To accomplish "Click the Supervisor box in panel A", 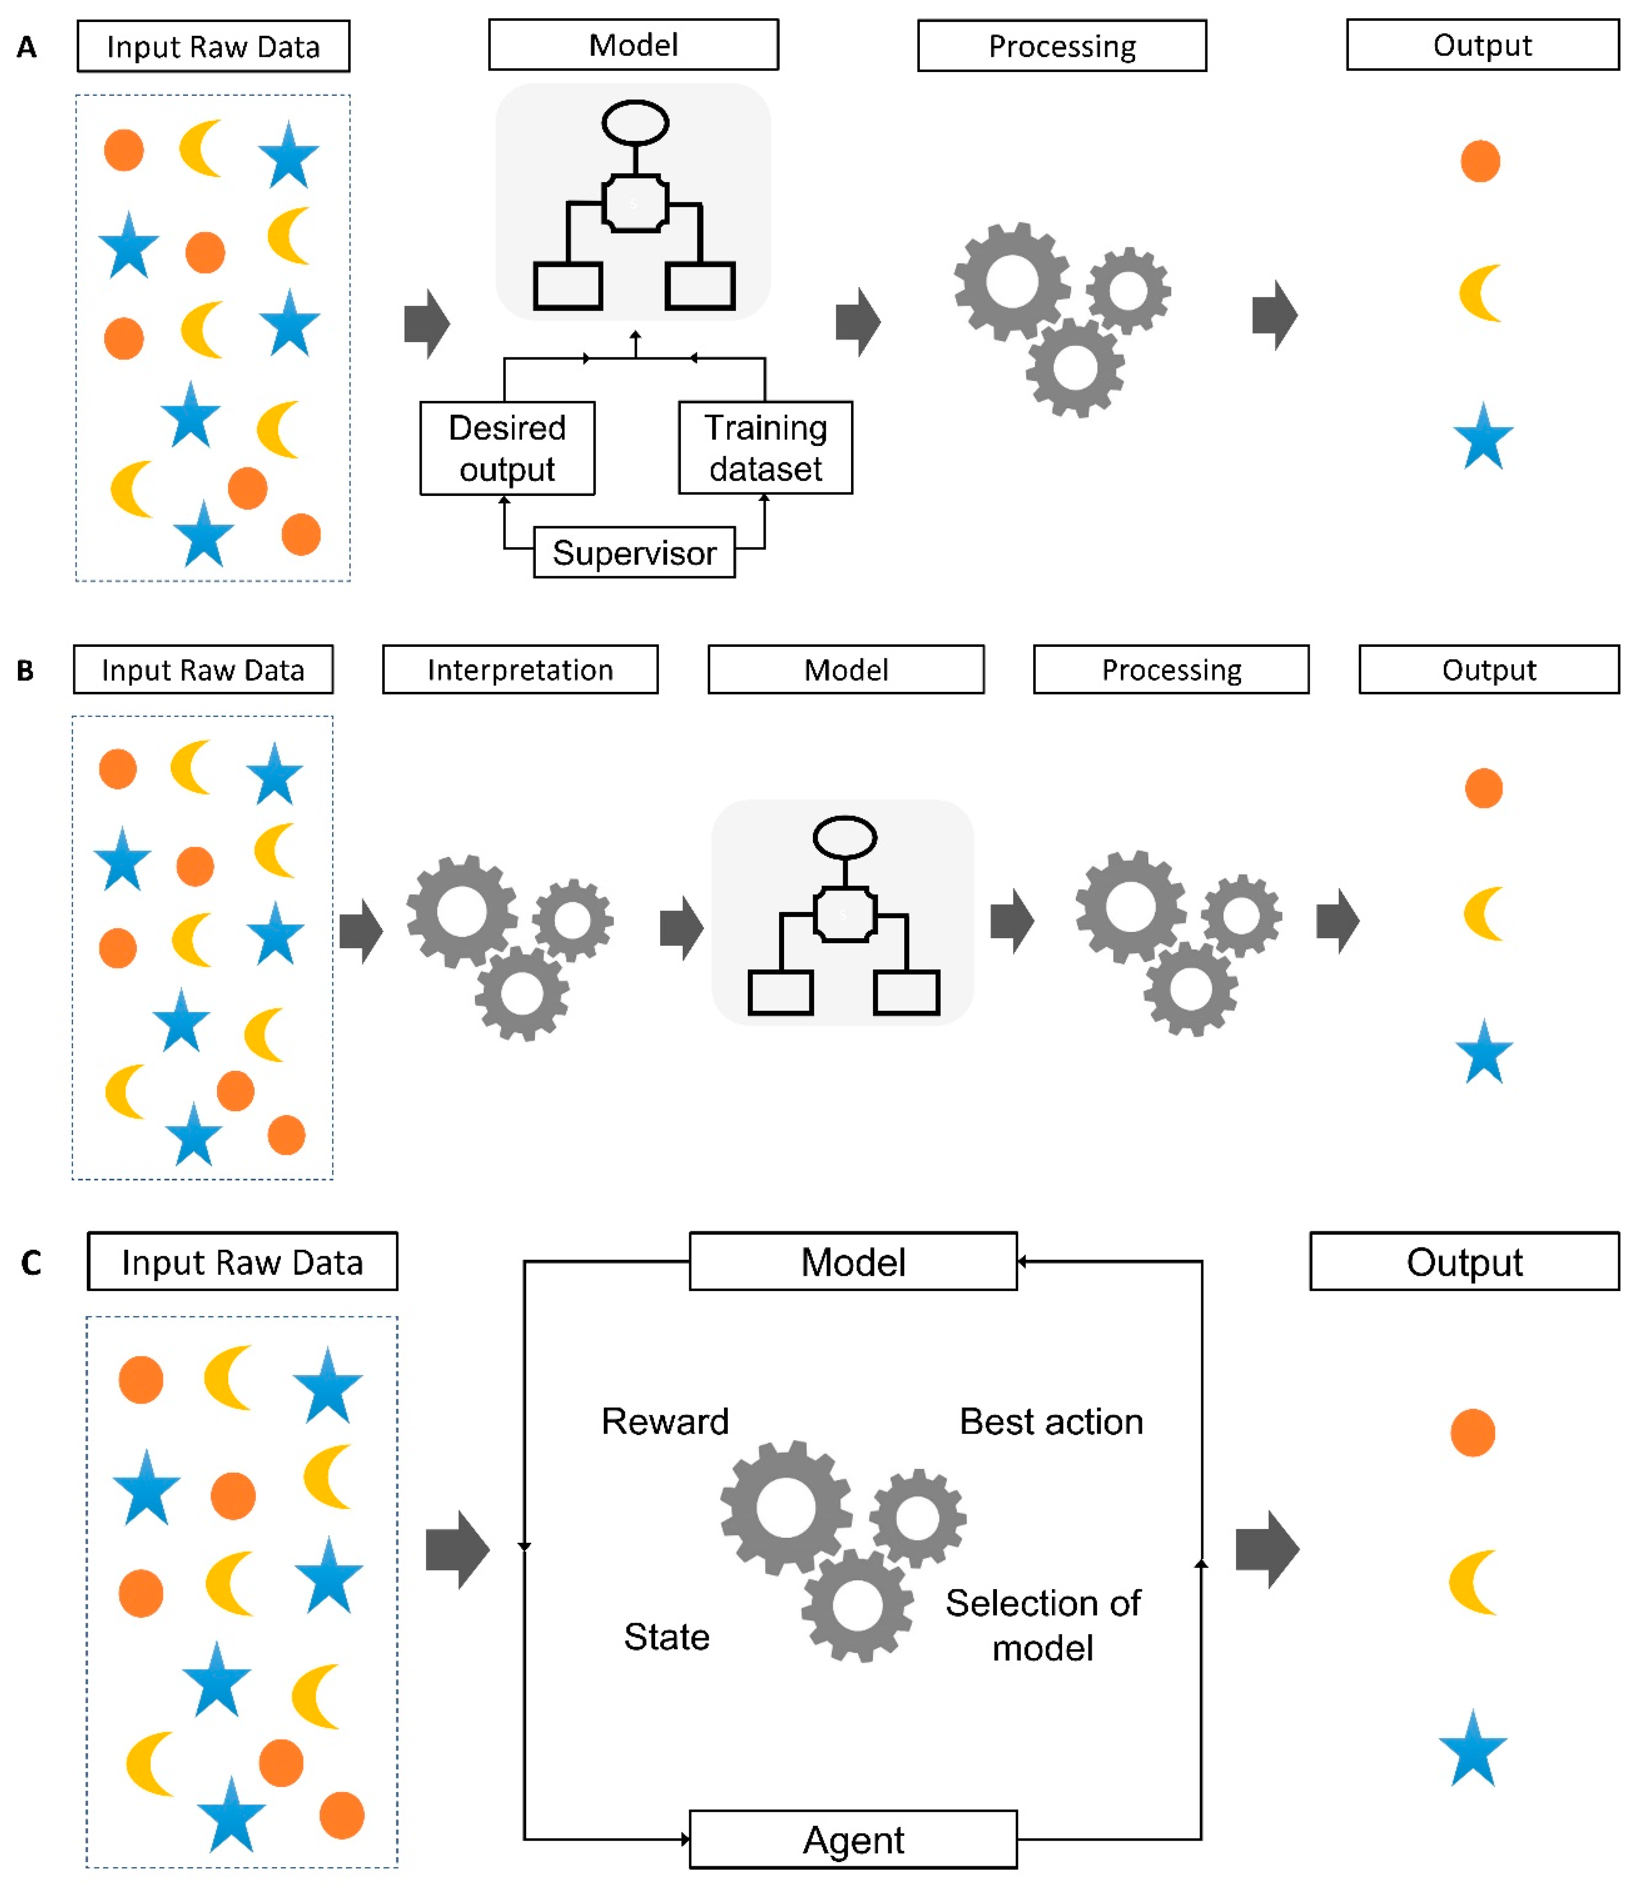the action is click(x=634, y=552).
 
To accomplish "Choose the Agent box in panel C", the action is click(x=853, y=1839).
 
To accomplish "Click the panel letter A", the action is click(x=27, y=47).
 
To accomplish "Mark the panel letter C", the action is click(x=31, y=1263).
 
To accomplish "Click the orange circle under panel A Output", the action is click(x=1480, y=161).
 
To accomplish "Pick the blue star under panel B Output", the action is click(x=1483, y=1052).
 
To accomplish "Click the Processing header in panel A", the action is click(x=1062, y=46).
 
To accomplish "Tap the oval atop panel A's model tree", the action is click(x=635, y=123).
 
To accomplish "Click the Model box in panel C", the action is click(x=853, y=1262).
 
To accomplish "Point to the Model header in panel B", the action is click(x=846, y=670).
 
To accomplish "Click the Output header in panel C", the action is click(x=1464, y=1262).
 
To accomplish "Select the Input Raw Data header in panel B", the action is click(x=202, y=670).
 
